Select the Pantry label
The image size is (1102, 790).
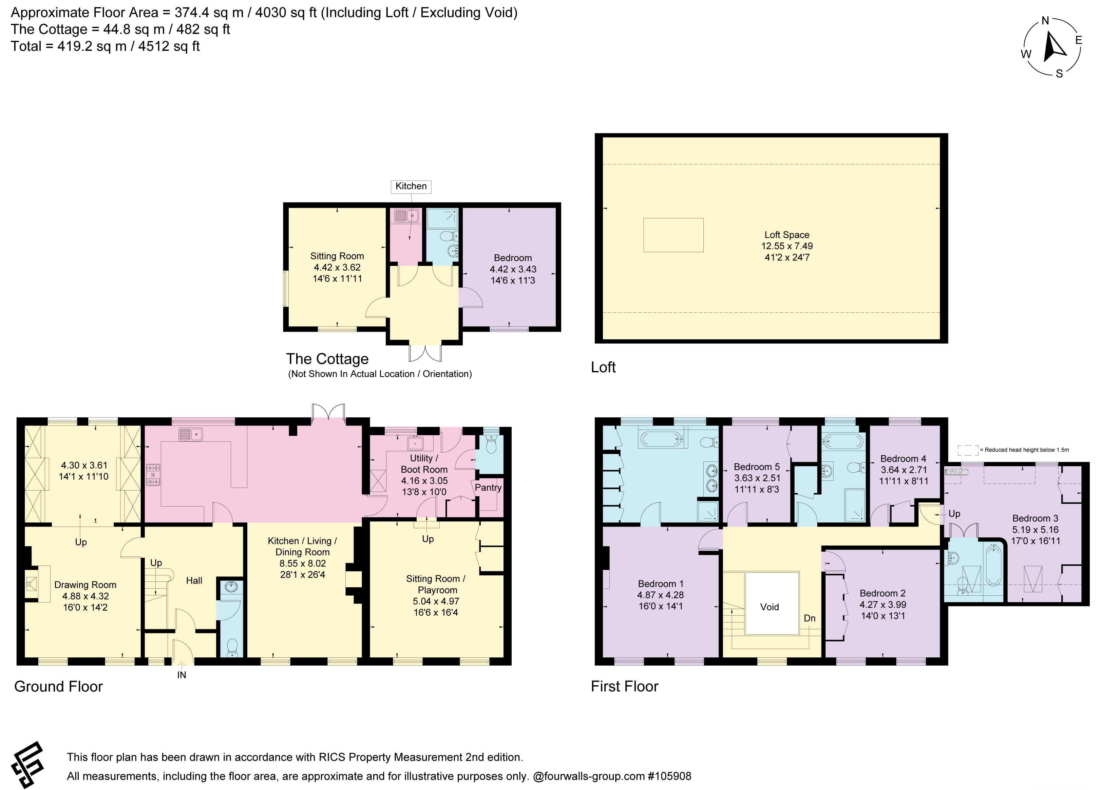pos(488,488)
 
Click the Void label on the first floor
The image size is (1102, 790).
pos(769,607)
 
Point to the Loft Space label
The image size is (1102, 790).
pos(787,235)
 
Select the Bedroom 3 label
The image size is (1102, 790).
pos(1035,518)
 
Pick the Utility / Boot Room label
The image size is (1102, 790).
pos(424,464)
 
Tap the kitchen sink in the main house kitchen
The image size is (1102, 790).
pos(190,434)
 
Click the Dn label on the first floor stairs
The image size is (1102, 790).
pos(810,618)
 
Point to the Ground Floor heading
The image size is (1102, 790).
pos(58,687)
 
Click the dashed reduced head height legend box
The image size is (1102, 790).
pos(968,450)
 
